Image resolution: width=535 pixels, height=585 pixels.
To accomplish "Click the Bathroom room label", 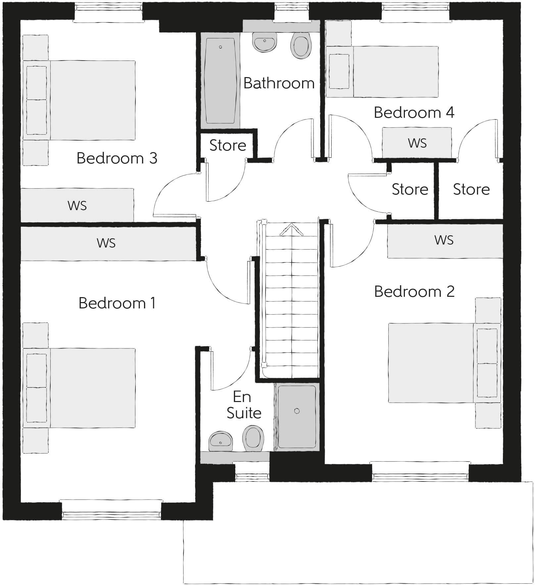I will point(279,83).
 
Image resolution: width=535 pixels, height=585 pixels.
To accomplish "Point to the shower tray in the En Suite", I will point(297,417).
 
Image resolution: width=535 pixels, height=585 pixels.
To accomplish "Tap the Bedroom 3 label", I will point(117,158).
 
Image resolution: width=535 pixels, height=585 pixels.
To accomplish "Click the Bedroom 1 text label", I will point(117,303).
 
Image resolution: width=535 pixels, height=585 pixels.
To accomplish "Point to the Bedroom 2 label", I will point(414,292).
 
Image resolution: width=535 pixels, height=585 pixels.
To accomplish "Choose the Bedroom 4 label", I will point(414,112).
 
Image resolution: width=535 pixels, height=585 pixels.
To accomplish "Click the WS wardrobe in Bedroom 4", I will point(417,143).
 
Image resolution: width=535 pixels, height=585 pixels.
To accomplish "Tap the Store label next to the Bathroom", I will point(228,145).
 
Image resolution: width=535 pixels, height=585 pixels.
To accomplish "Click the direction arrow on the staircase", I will point(292,230).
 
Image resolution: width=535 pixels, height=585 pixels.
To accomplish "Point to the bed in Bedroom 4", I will point(382,72).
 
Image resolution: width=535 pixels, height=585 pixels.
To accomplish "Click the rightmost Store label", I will point(471,189).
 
